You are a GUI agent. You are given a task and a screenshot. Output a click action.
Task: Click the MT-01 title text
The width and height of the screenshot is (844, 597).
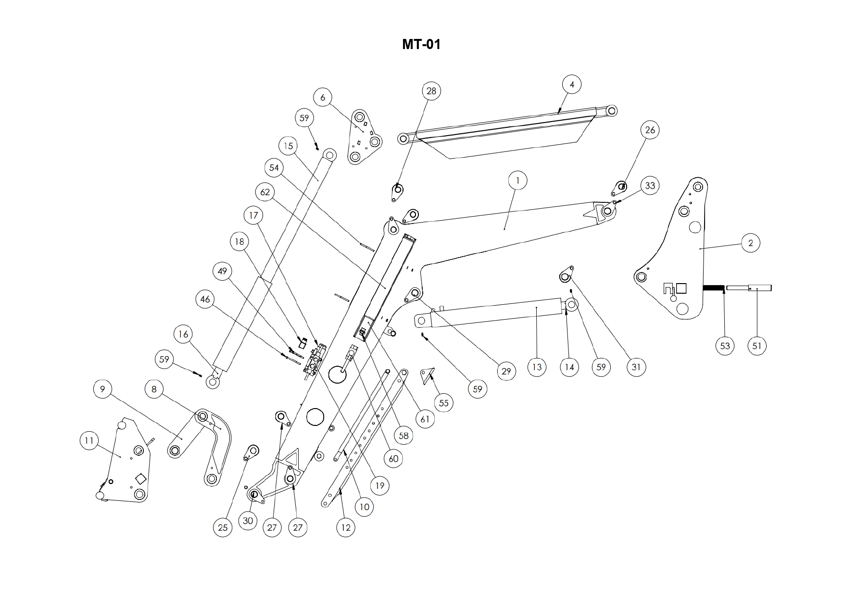(x=421, y=45)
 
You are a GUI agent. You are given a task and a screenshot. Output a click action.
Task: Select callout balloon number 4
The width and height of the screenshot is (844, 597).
(x=572, y=85)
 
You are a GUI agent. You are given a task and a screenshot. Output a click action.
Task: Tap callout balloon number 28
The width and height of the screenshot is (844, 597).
(x=431, y=91)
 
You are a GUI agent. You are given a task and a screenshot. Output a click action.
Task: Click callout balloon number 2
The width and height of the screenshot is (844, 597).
(x=751, y=243)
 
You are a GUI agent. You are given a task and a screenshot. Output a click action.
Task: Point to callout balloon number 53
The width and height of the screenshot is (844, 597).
(x=725, y=346)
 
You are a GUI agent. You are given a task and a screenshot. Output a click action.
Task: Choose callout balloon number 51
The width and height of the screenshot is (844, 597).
(x=757, y=346)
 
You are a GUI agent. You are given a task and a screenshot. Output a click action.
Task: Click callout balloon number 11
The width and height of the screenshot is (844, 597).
(x=89, y=441)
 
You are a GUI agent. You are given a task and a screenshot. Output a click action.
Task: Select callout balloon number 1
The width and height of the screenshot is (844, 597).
(x=517, y=181)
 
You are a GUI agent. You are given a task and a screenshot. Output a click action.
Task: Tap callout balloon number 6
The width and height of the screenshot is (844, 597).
(x=323, y=98)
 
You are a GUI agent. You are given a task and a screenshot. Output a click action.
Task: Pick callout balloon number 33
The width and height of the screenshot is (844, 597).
(x=650, y=186)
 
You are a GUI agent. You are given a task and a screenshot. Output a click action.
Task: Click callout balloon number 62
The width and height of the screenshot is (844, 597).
(x=265, y=192)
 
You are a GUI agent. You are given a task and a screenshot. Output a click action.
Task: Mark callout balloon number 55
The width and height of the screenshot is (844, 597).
(x=443, y=403)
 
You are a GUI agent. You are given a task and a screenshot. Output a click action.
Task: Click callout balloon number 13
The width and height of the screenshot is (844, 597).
(x=537, y=367)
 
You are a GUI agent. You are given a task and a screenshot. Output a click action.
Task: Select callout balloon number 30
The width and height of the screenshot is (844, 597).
(x=248, y=521)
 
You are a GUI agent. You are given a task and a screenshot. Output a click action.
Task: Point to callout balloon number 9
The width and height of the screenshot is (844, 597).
(x=102, y=389)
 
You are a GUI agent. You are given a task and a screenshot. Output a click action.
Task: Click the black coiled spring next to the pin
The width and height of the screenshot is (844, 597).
(x=714, y=288)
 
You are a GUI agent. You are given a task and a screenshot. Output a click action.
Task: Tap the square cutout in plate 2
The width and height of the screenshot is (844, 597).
(x=681, y=288)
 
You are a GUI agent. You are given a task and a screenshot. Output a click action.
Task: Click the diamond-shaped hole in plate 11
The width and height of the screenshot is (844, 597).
(x=141, y=479)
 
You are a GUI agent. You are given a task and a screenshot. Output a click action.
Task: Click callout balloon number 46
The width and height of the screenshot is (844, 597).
(x=205, y=299)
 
